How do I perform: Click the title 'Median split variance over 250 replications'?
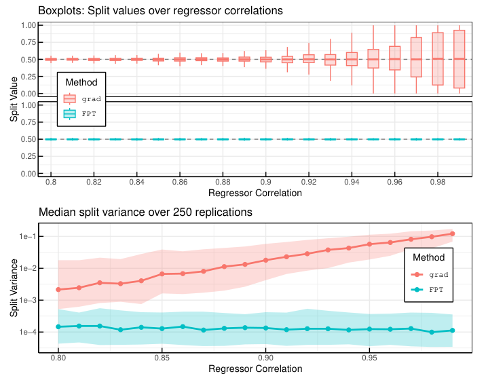tap(145, 212)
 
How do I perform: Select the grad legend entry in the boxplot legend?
tap(81, 98)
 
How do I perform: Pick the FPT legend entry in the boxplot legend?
tap(81, 113)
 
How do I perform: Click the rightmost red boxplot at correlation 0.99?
tap(459, 59)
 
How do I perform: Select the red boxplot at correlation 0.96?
tap(395, 59)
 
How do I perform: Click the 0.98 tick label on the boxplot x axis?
tap(438, 183)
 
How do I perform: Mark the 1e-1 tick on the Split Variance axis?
tap(29, 236)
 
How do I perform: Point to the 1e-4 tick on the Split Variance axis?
tap(29, 332)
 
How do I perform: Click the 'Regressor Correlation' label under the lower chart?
tap(255, 369)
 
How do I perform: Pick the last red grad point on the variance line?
tap(452, 233)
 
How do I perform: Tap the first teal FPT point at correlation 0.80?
tap(58, 326)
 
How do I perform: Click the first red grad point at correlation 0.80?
tap(58, 289)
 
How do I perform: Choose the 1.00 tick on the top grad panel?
tap(28, 25)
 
